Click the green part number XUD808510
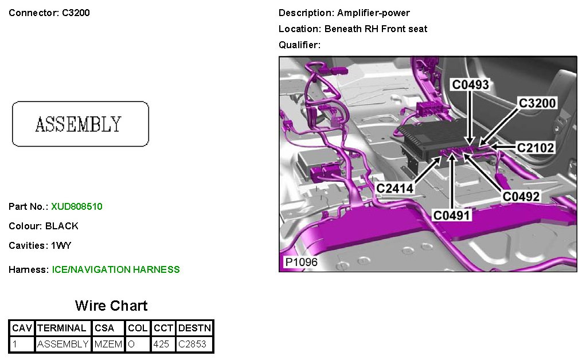(77, 206)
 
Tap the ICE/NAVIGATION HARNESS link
(116, 269)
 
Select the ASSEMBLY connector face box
(80, 124)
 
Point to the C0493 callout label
(470, 85)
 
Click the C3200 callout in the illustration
(537, 103)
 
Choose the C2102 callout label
(536, 148)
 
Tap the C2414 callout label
(395, 187)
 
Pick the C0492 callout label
(521, 197)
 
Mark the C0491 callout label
(452, 215)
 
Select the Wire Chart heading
(111, 306)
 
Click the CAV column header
(22, 328)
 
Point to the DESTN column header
(195, 328)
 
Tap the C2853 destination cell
(192, 345)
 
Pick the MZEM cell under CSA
(108, 345)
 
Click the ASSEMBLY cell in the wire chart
(62, 345)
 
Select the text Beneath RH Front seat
(376, 29)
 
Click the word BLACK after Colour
(62, 226)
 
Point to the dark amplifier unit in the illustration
(427, 140)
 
